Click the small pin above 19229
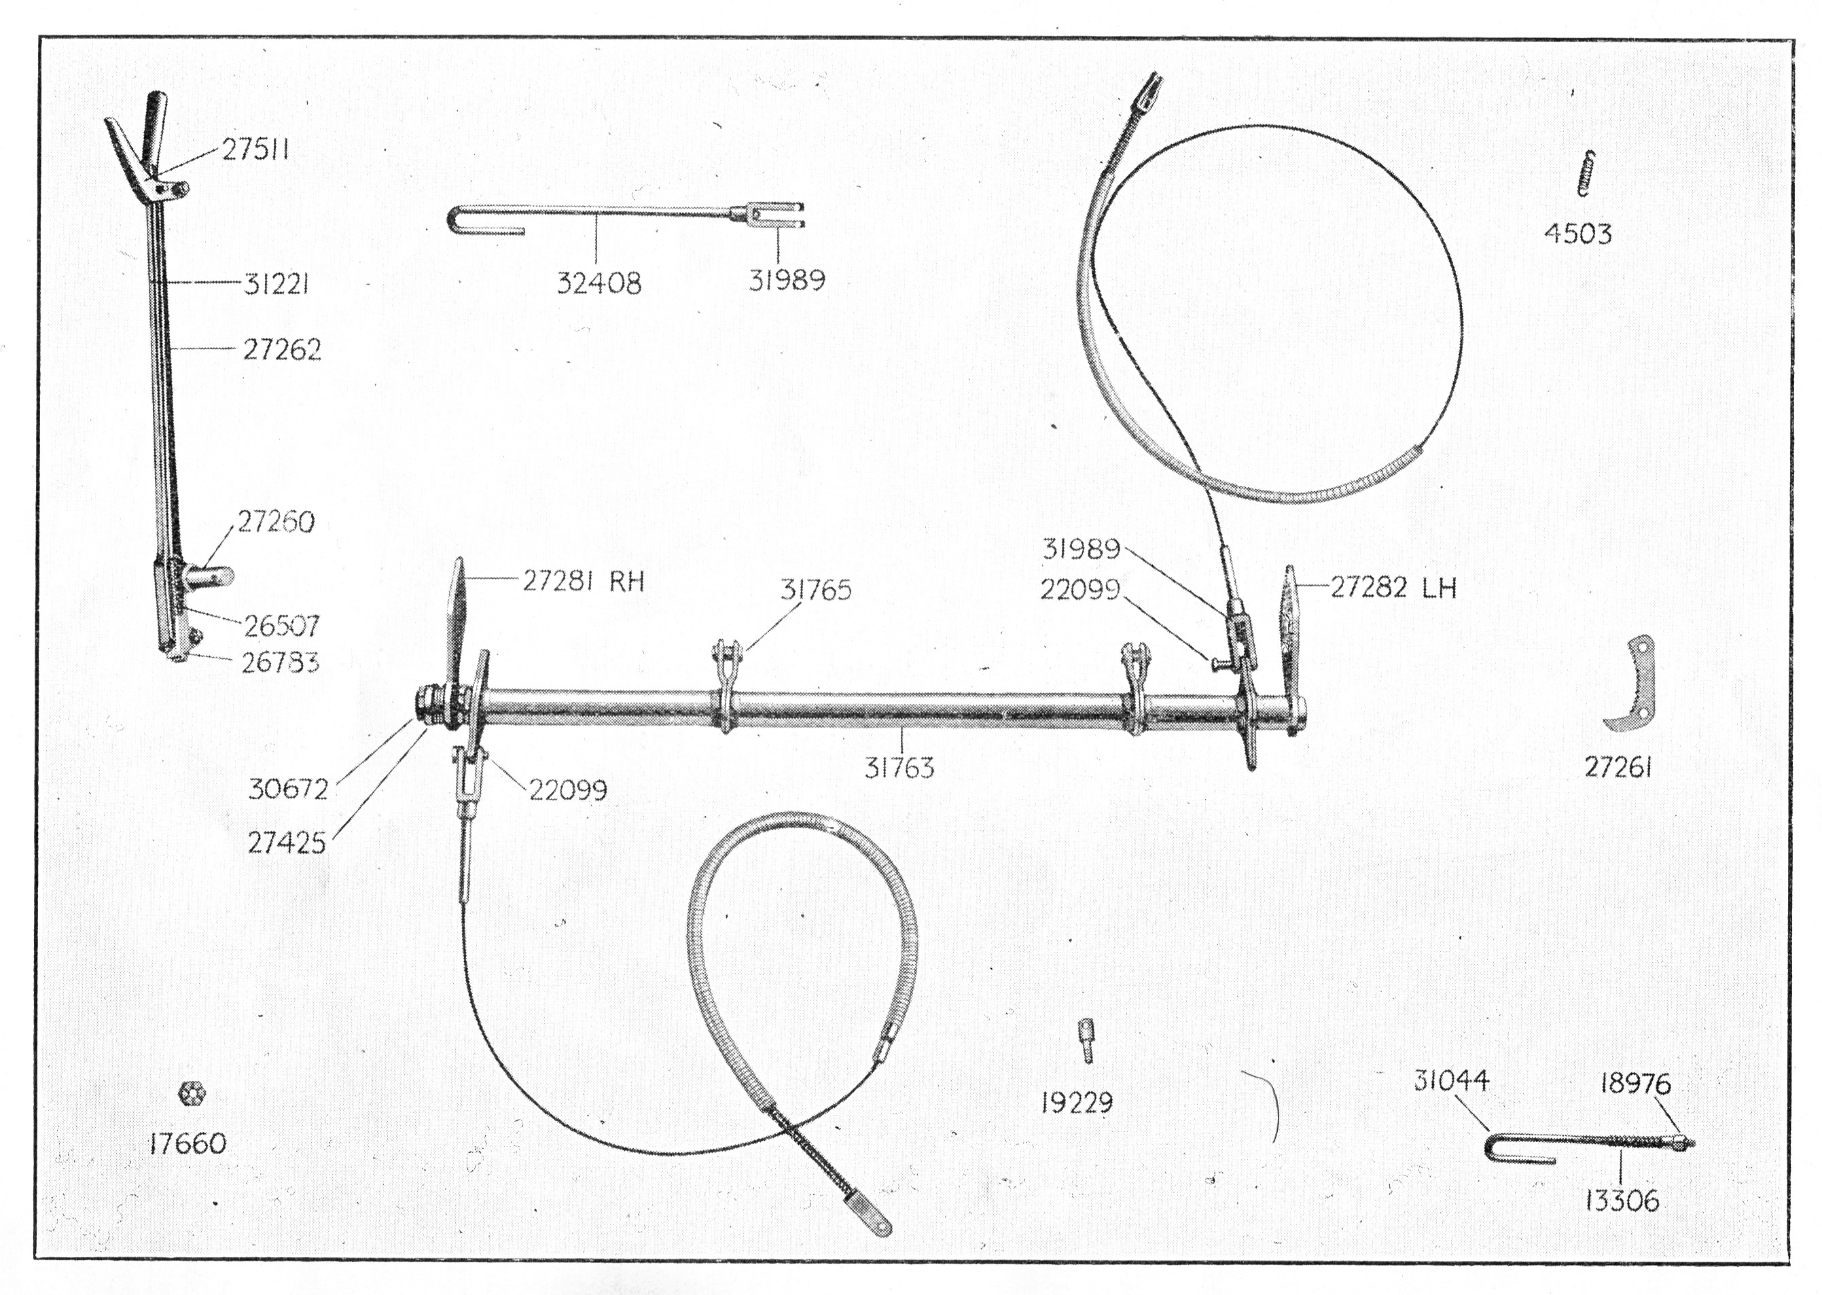pyautogui.click(x=1086, y=1040)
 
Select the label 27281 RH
pyautogui.click(x=583, y=582)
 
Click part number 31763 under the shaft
pyautogui.click(x=899, y=768)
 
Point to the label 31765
pyautogui.click(x=815, y=590)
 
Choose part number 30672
pyautogui.click(x=288, y=790)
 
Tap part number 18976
pyautogui.click(x=1635, y=1084)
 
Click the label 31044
pyautogui.click(x=1451, y=1080)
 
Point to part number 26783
pyautogui.click(x=280, y=662)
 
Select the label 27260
pyautogui.click(x=276, y=522)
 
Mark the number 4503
pyautogui.click(x=1577, y=234)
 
